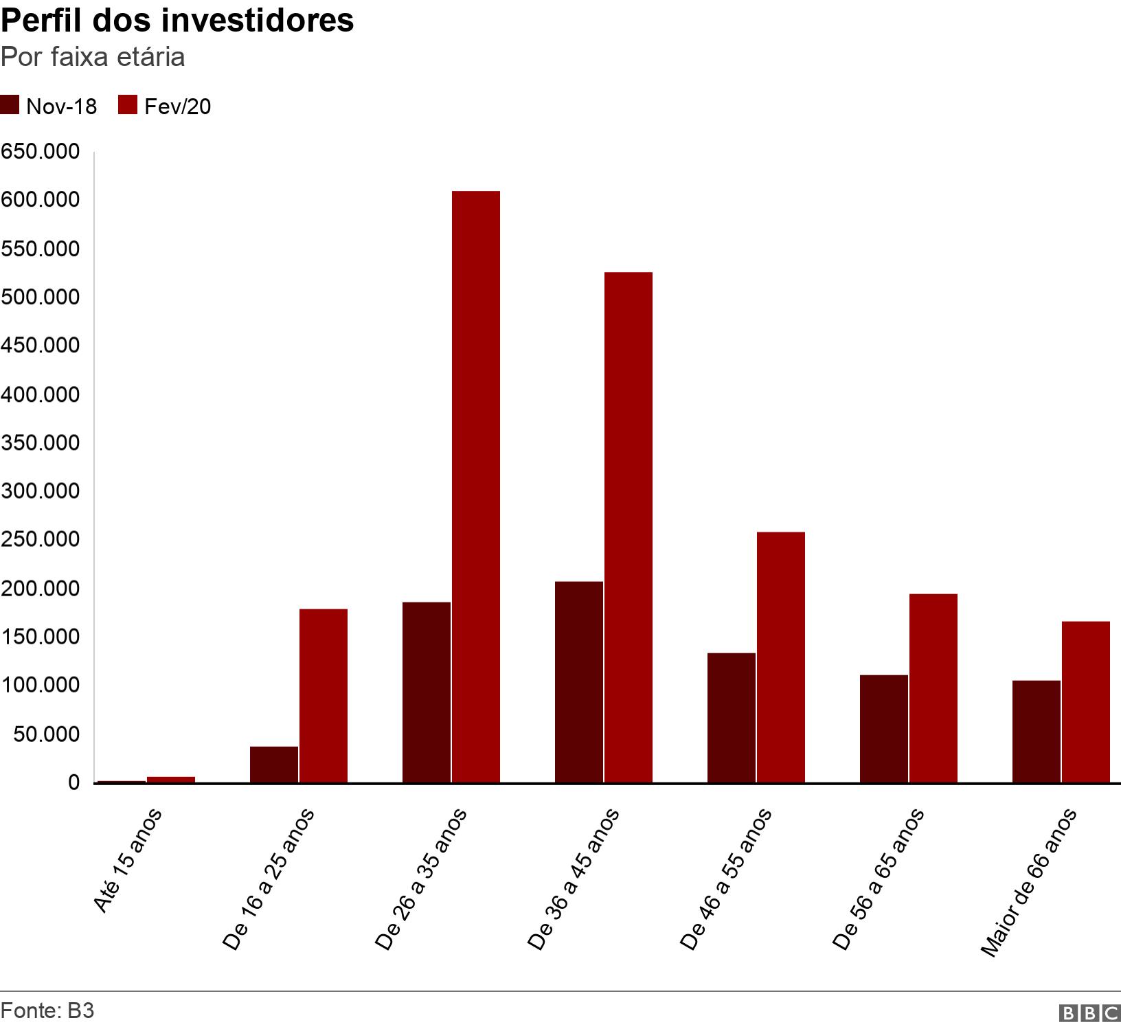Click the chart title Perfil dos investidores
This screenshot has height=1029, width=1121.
pos(177,21)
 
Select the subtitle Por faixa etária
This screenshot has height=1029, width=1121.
pos(93,57)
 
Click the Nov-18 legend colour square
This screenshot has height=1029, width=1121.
pos(10,106)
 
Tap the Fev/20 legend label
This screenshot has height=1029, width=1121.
pos(177,106)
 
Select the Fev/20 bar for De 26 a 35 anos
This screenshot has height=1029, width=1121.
pos(475,486)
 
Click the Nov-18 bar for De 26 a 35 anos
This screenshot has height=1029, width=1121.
pos(427,692)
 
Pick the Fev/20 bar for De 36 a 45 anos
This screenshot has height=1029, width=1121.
pos(628,528)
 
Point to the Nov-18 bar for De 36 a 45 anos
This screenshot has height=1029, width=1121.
pos(578,682)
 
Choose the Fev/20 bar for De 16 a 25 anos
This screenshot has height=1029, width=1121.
pos(323,695)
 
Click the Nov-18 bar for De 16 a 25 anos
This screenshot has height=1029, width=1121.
pos(274,764)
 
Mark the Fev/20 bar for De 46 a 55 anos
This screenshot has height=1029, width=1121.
pos(780,657)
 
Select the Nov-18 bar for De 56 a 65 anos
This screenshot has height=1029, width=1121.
pos(883,728)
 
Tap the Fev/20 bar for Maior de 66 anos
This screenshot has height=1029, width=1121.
pos(1085,701)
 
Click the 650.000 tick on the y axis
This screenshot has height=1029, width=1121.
pos(40,152)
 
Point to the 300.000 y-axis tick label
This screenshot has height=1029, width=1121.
pos(40,491)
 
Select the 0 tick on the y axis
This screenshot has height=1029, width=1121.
pos(73,782)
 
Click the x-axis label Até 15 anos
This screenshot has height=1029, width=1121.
pos(128,860)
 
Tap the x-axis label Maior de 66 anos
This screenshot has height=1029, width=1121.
pos(1028,883)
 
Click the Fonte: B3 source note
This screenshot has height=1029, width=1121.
pos(47,1011)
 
